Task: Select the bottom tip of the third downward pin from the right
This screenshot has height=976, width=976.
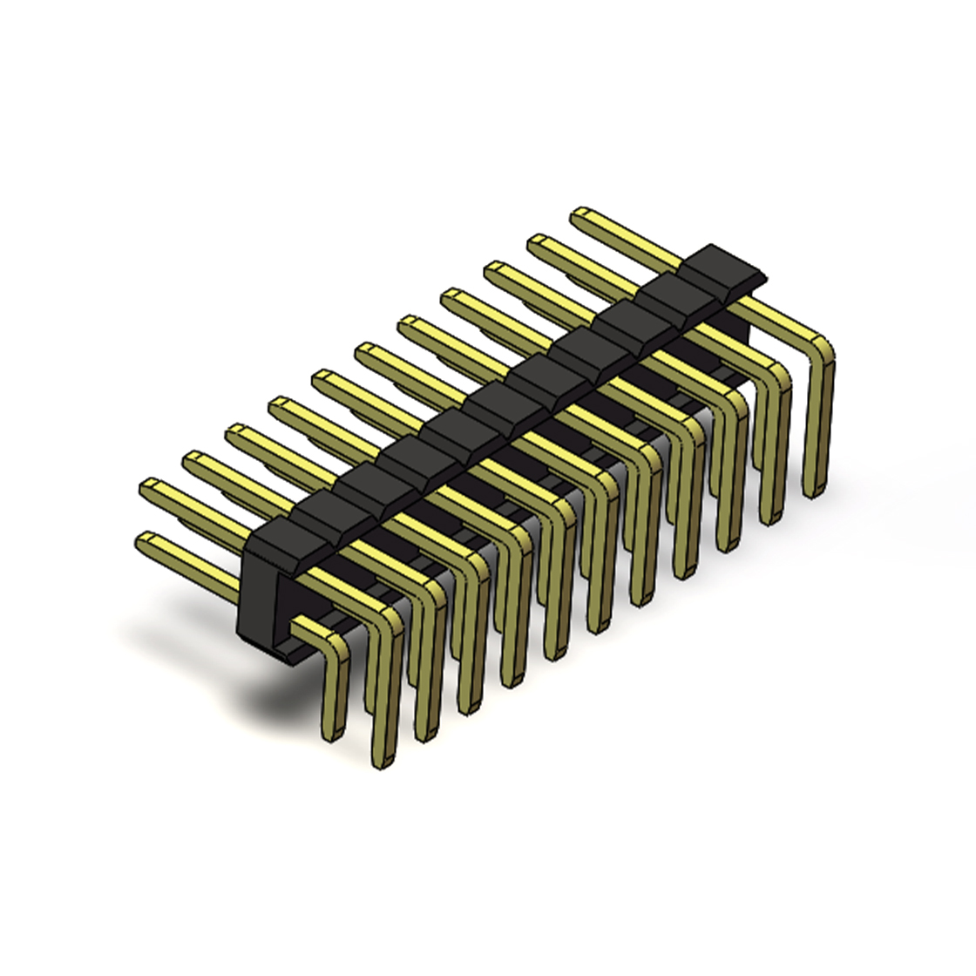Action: click(x=727, y=546)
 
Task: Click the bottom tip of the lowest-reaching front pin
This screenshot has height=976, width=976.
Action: click(x=383, y=762)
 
